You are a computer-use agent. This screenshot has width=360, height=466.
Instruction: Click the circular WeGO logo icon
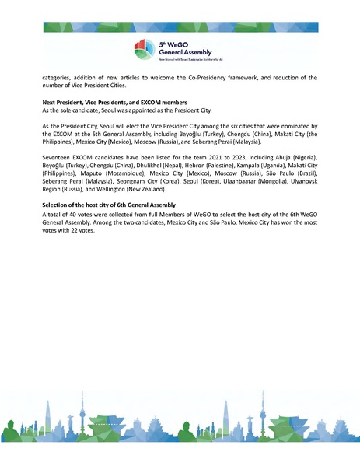click(145, 47)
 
